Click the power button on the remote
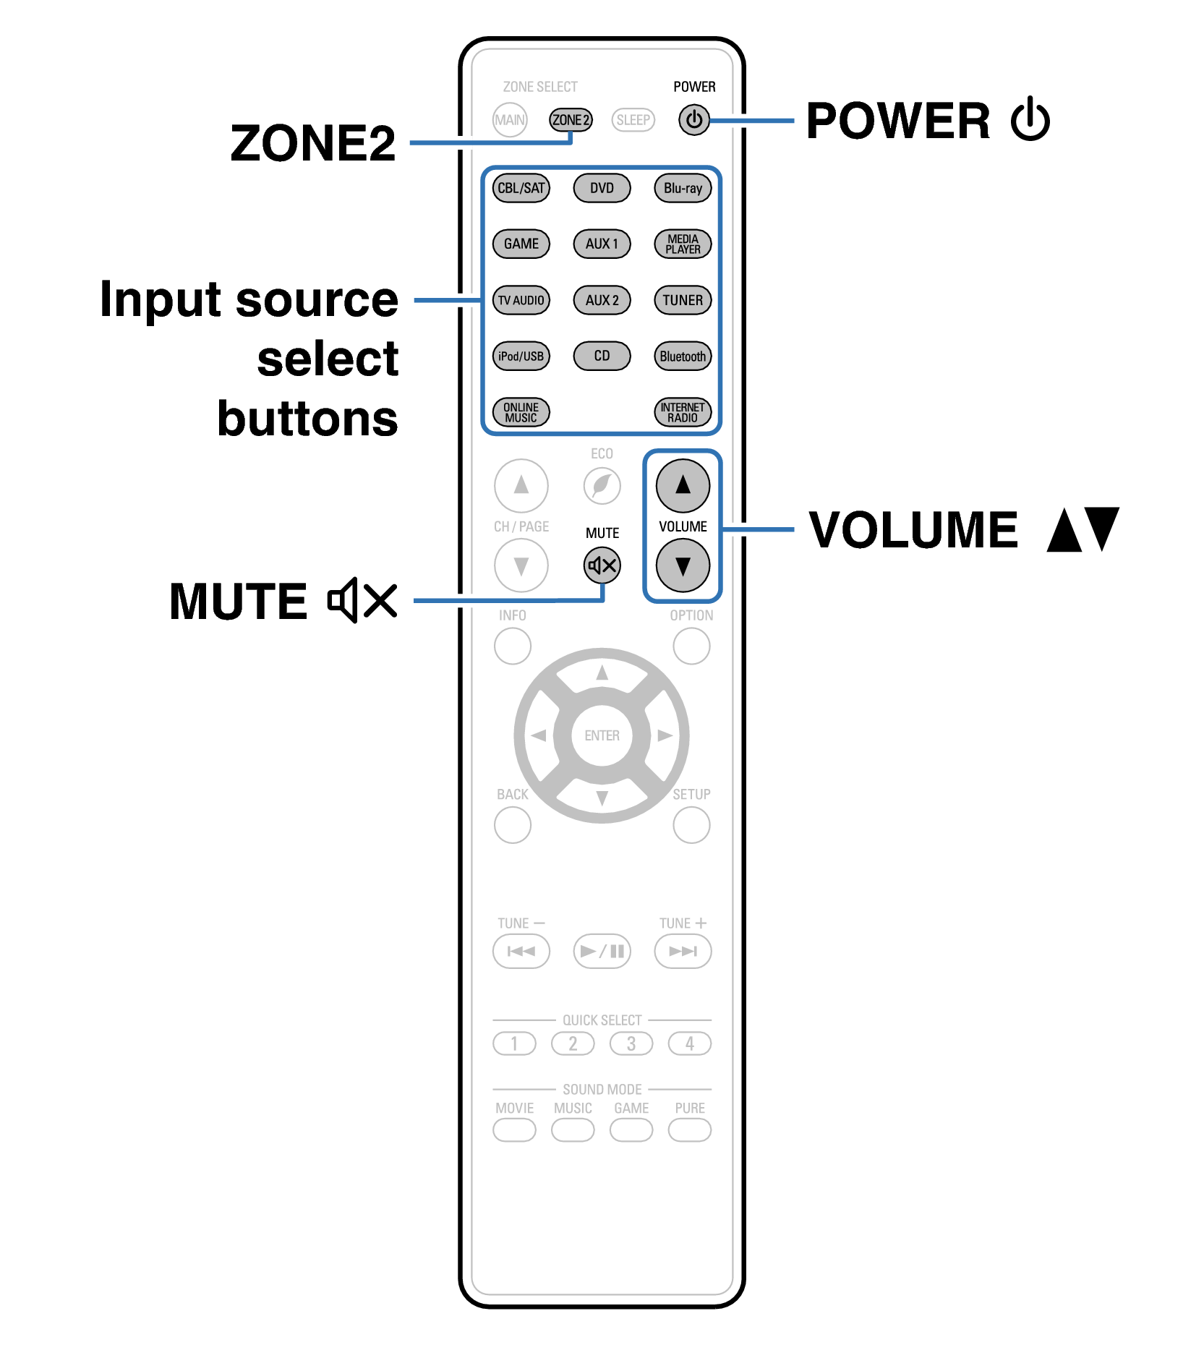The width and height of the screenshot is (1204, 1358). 693,120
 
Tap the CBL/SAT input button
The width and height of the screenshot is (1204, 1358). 521,188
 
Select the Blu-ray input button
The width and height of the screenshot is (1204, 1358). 683,188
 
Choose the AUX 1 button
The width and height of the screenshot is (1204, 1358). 602,244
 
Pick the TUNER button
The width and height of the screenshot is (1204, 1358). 683,300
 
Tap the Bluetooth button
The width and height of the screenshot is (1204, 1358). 683,356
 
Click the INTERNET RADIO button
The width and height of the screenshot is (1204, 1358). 683,412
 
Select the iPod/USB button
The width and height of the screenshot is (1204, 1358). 521,356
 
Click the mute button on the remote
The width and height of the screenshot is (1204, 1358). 602,565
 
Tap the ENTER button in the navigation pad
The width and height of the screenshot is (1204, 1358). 602,735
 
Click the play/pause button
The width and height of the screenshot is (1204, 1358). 602,951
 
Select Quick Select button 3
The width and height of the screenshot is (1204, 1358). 631,1043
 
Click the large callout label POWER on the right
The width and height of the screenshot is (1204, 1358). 897,121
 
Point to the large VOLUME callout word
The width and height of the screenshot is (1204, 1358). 913,530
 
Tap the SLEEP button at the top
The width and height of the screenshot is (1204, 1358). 633,120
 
